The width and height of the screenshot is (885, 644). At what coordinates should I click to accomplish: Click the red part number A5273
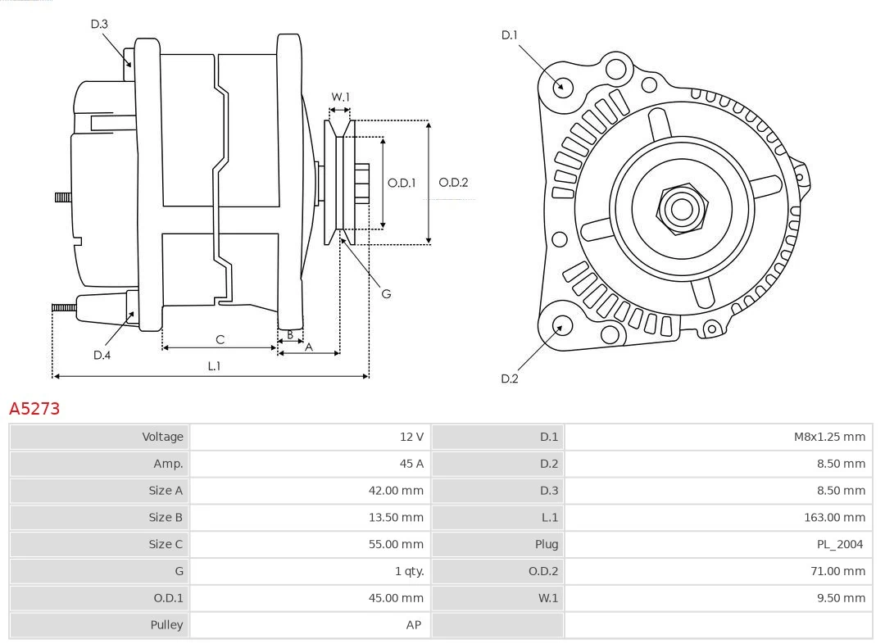pyautogui.click(x=34, y=408)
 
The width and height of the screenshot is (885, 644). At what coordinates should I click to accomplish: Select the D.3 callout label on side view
pyautogui.click(x=99, y=25)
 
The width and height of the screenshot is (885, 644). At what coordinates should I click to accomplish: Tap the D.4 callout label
pyautogui.click(x=102, y=355)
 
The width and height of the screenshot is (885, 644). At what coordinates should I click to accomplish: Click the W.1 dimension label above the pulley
pyautogui.click(x=340, y=97)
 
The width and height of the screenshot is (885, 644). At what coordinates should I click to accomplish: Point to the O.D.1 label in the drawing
pyautogui.click(x=402, y=183)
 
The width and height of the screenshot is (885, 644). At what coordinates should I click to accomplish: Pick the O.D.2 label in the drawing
pyautogui.click(x=453, y=183)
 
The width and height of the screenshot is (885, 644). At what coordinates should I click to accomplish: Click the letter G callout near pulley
pyautogui.click(x=386, y=293)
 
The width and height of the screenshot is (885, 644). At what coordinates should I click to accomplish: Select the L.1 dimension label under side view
pyautogui.click(x=214, y=366)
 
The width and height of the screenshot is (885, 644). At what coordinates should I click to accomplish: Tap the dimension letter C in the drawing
pyautogui.click(x=220, y=339)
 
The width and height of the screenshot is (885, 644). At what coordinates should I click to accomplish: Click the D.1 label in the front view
pyautogui.click(x=510, y=34)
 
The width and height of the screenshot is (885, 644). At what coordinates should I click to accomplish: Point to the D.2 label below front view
pyautogui.click(x=510, y=379)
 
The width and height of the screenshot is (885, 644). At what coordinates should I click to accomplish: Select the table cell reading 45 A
pyautogui.click(x=411, y=464)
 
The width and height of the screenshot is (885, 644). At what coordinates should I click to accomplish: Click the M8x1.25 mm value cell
pyautogui.click(x=828, y=437)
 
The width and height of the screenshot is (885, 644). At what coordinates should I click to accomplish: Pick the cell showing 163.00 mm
pyautogui.click(x=834, y=517)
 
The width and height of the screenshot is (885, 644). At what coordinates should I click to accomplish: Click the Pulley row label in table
pyautogui.click(x=166, y=624)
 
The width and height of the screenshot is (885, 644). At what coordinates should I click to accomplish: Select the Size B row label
pyautogui.click(x=166, y=517)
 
